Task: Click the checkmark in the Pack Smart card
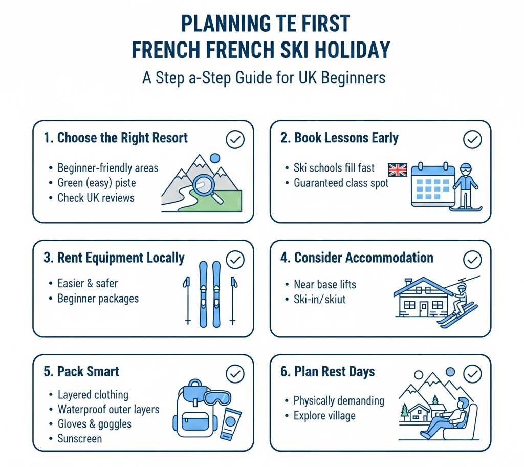point(235,374)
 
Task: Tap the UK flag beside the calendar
point(397,170)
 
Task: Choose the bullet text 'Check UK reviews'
point(96,198)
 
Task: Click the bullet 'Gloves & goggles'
point(94,424)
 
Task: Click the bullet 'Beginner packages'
point(98,298)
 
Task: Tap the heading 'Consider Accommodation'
point(363,258)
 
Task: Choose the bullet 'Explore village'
point(324,415)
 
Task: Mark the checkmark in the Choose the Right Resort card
point(235,139)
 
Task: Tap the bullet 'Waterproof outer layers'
point(108,410)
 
